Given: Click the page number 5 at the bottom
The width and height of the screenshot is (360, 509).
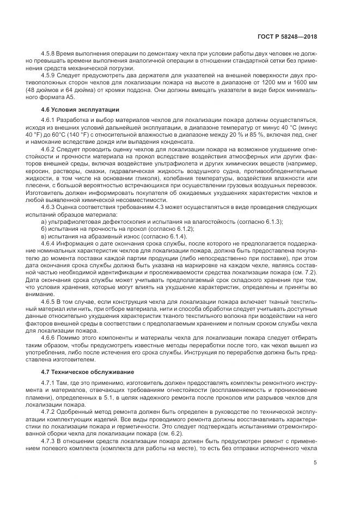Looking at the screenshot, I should (315, 463).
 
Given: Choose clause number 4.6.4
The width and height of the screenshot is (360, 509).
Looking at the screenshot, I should (50, 244).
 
